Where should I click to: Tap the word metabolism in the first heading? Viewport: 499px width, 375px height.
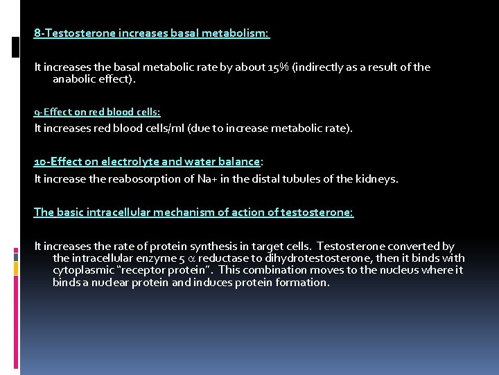click(239, 33)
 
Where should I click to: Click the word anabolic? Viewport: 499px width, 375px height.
click(79, 80)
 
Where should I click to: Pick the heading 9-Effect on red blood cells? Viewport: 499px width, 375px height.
click(97, 112)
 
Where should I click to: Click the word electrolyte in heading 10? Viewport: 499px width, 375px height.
click(125, 162)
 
